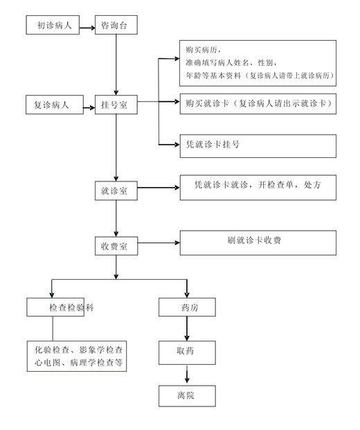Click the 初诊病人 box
coord(53,25)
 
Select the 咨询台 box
coord(116,25)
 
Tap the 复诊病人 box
coord(55,105)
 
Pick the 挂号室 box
coord(116,105)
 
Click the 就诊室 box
coord(116,190)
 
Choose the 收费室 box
coord(116,246)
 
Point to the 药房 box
coord(187,307)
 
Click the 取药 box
coord(187,352)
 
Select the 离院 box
coord(187,395)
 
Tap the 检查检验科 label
coord(71,307)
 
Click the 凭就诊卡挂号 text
coord(213,144)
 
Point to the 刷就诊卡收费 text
coord(254,240)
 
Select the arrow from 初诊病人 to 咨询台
coord(87,28)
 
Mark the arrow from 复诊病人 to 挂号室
coord(89,108)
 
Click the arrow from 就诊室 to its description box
coord(159,188)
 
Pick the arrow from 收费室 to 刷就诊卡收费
coord(159,243)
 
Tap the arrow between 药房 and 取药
coord(187,328)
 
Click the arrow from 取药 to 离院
coord(187,375)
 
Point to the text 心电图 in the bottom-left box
coord(47,363)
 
